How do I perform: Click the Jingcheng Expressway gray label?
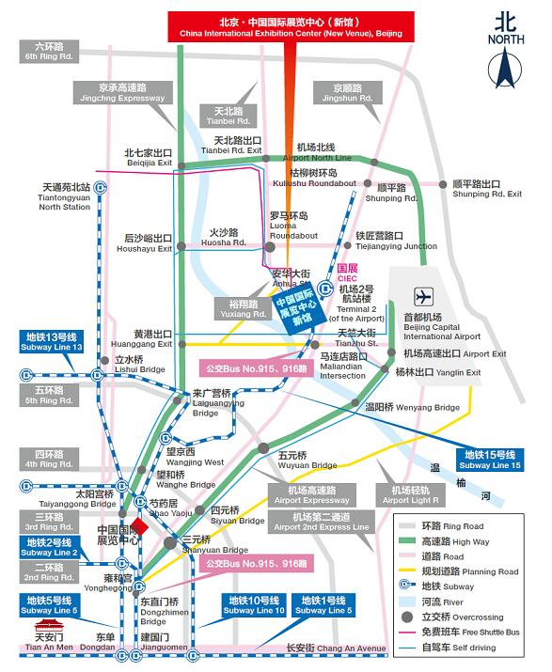(118, 92)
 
